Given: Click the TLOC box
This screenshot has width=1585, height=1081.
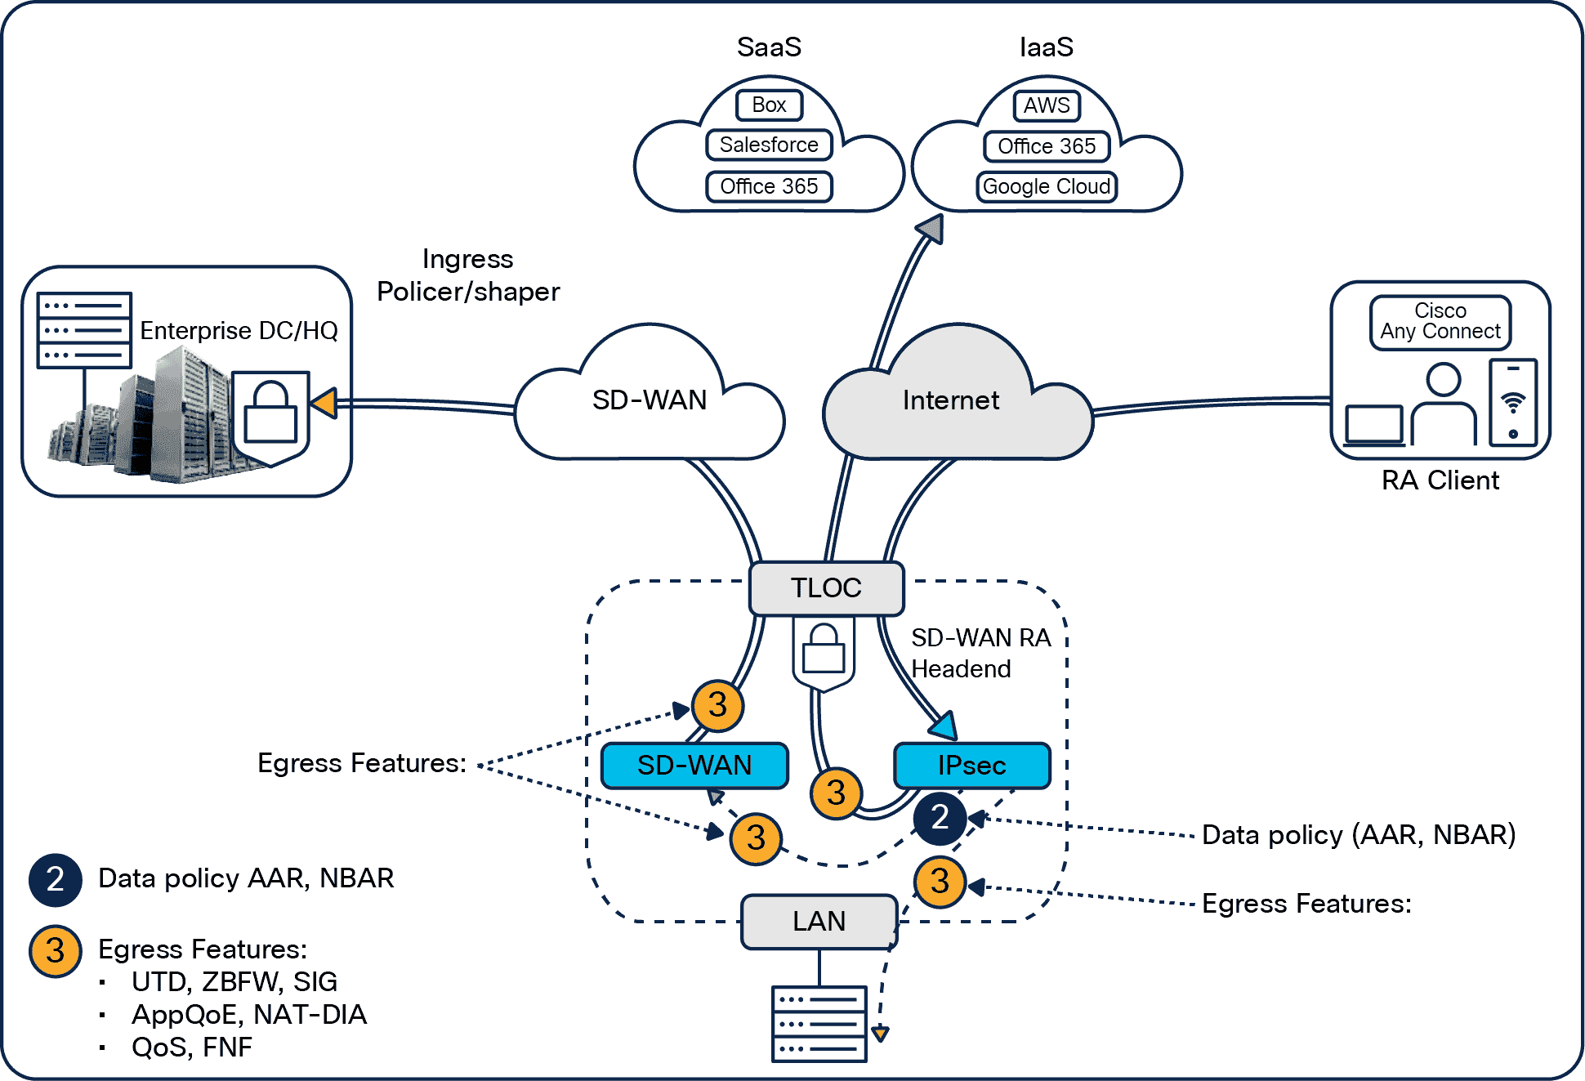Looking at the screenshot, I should (826, 587).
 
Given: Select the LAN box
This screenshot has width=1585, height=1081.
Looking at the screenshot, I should (819, 921).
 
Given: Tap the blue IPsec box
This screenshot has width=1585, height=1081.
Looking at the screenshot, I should (971, 766).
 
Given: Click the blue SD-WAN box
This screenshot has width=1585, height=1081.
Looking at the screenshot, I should (694, 766).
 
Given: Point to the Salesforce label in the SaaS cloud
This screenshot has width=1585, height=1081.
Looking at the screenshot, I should (769, 145).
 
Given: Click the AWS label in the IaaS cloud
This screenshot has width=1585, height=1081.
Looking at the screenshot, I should (1046, 105).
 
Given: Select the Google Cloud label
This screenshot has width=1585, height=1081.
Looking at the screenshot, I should (1046, 186).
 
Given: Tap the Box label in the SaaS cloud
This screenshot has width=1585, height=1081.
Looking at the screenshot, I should (769, 105).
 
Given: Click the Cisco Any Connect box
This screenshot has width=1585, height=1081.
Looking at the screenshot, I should (1440, 322).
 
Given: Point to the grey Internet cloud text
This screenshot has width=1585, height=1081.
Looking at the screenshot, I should (950, 400).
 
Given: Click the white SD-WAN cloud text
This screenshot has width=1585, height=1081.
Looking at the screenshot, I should (650, 400).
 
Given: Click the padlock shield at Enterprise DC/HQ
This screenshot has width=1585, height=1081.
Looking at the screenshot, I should (270, 415).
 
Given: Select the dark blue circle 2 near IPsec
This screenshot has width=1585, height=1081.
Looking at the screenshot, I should (940, 817).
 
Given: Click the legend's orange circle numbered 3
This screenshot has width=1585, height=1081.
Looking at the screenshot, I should (55, 950).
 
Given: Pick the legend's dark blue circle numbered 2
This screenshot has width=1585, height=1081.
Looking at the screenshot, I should (55, 879).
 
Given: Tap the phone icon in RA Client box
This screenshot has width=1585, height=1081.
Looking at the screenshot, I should (1513, 402).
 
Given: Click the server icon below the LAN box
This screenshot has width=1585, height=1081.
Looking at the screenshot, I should (819, 1023).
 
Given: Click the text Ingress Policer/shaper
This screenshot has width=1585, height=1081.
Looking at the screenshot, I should (468, 275).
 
